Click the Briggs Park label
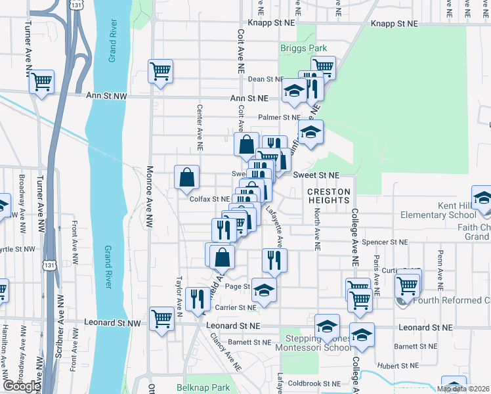point(303,48)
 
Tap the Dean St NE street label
point(265,79)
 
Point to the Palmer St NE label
point(278,118)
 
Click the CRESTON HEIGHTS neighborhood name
point(329,196)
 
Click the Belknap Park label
point(203,387)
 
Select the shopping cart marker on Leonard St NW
point(161,318)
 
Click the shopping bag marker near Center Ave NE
point(186,176)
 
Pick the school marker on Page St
point(264,290)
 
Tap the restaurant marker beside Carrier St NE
point(196,299)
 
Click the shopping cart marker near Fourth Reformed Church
point(408,284)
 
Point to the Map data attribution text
point(463,389)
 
